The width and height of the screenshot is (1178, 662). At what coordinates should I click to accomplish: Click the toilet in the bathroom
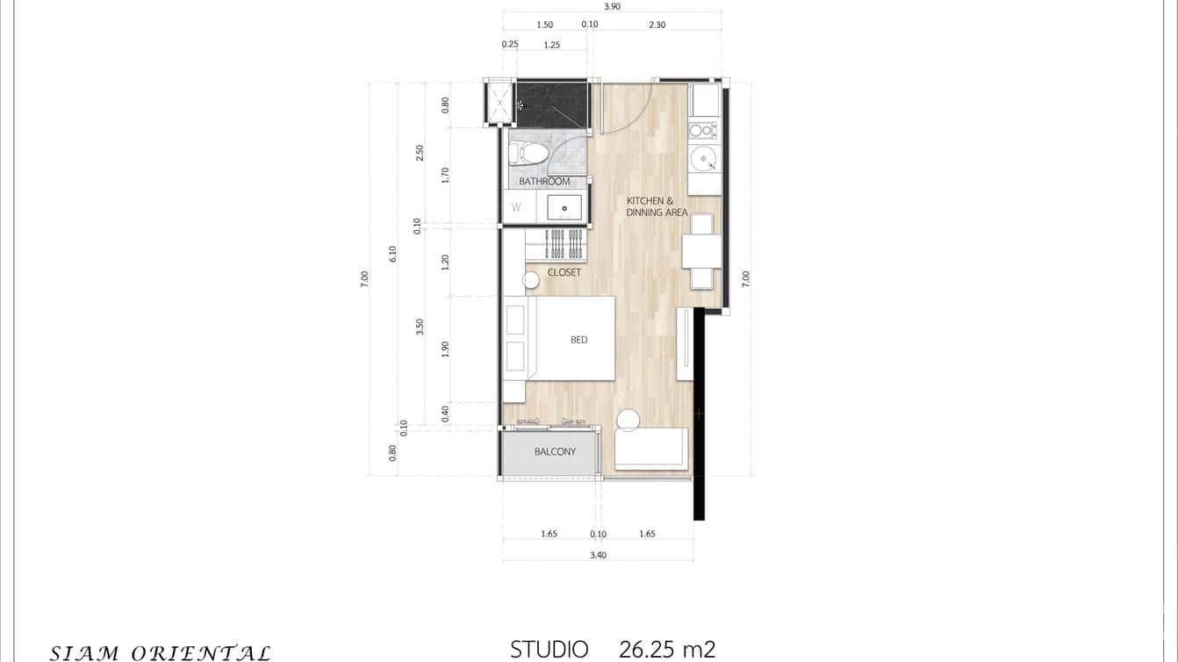coord(529,154)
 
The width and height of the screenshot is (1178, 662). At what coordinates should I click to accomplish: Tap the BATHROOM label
coord(544,182)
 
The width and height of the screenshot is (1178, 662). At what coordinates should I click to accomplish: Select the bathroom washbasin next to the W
coord(564,208)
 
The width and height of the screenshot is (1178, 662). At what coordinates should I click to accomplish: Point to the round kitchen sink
coord(703,159)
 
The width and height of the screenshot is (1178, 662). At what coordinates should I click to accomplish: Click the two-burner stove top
coord(702,130)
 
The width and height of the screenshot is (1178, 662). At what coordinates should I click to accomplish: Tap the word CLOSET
coord(564,272)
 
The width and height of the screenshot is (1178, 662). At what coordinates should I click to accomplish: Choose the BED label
coord(578,340)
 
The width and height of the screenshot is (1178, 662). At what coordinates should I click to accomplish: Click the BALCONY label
coord(555,452)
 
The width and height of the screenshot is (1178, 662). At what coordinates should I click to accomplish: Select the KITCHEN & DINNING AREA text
coord(657,206)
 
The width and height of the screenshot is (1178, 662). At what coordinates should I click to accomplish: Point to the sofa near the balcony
coord(651,448)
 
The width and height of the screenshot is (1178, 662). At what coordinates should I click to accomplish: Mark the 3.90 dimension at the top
coord(612,6)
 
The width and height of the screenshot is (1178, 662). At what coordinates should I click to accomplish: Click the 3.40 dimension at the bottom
coord(599,555)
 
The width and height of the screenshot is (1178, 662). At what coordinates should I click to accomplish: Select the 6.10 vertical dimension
coord(392,253)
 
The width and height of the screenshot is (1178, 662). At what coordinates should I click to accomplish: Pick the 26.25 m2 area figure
coord(666,650)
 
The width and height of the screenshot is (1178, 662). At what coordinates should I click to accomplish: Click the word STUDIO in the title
coord(549,650)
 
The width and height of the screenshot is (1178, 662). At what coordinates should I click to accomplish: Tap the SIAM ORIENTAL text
coord(160,652)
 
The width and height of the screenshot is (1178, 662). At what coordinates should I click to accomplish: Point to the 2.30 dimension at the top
coord(657,25)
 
